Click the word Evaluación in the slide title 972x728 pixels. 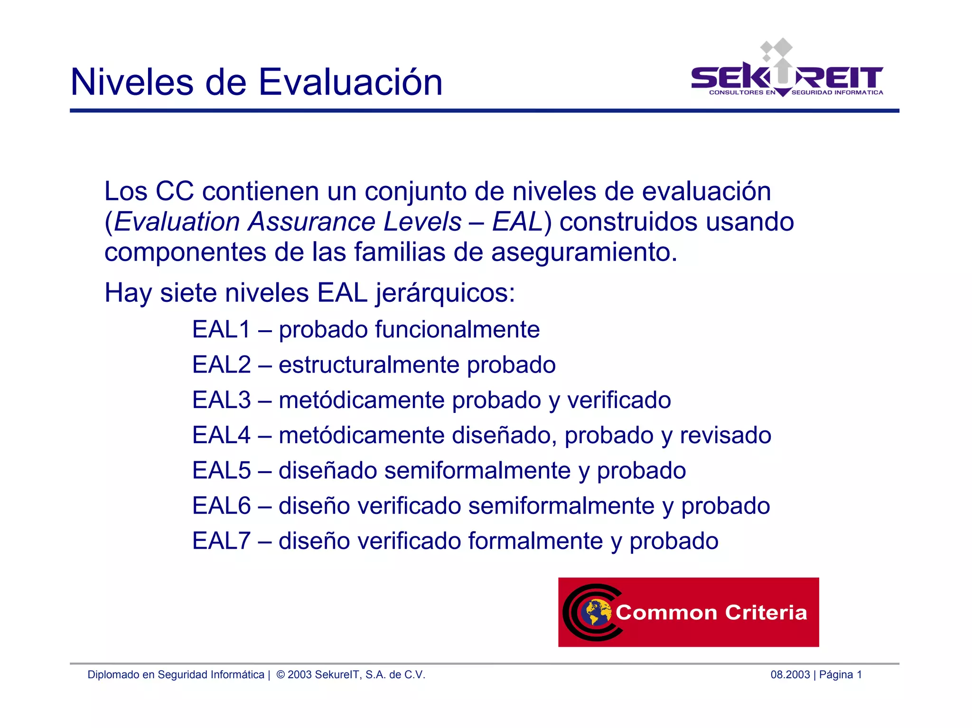pyautogui.click(x=350, y=82)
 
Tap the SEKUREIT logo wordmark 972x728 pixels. pyautogui.click(x=786, y=77)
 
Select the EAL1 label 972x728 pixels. pyautogui.click(x=221, y=329)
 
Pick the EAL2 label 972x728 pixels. pyautogui.click(x=221, y=364)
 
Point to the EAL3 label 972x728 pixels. pyautogui.click(x=221, y=400)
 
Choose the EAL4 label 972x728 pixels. pyautogui.click(x=221, y=435)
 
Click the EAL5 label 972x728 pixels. pyautogui.click(x=221, y=470)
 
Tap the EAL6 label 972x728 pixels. pyautogui.click(x=221, y=505)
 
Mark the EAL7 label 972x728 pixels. pyautogui.click(x=221, y=541)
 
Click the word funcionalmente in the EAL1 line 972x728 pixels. pyautogui.click(x=457, y=329)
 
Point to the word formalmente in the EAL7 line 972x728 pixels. pyautogui.click(x=535, y=541)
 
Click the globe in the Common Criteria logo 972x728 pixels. pyautogui.click(x=597, y=612)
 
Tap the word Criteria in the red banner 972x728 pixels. pyautogui.click(x=766, y=612)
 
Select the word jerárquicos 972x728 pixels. pyautogui.click(x=445, y=293)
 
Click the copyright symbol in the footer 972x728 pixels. pyautogui.click(x=280, y=675)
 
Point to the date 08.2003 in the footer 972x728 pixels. pyautogui.click(x=790, y=675)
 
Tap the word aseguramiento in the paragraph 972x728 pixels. pyautogui.click(x=584, y=252)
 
